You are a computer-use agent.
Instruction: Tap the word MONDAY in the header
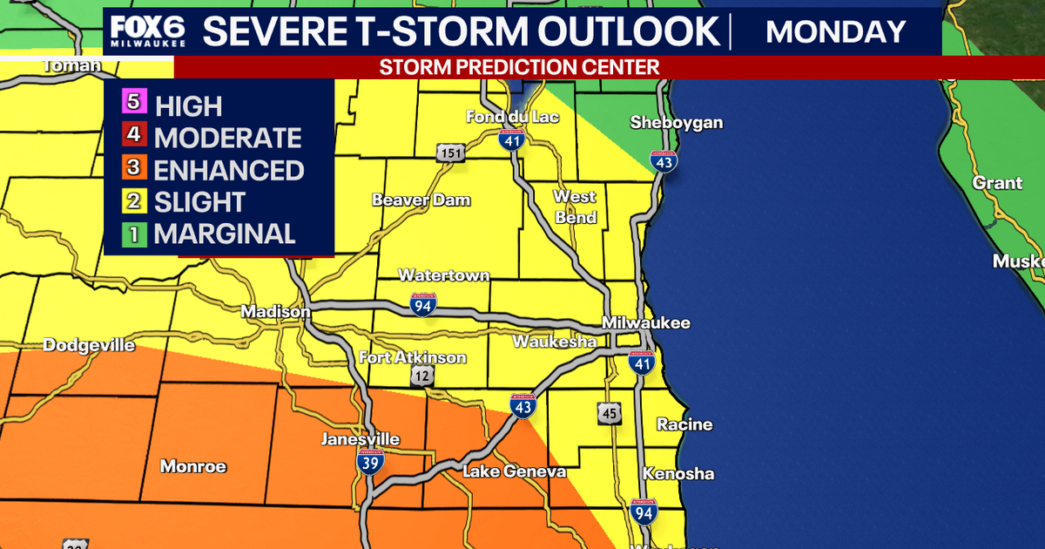click(835, 31)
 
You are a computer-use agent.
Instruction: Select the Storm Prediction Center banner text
click(519, 67)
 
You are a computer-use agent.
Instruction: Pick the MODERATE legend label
click(227, 138)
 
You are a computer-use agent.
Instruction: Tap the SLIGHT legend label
click(199, 202)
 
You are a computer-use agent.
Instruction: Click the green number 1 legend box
click(133, 232)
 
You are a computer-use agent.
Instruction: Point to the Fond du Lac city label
click(512, 117)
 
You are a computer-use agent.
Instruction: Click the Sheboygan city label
click(676, 122)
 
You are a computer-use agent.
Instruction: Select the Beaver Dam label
click(421, 200)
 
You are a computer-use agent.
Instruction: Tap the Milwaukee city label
click(646, 322)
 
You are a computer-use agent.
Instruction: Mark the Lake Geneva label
click(514, 471)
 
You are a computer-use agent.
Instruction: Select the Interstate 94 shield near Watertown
click(423, 304)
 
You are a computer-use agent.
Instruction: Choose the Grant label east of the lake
click(997, 183)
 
